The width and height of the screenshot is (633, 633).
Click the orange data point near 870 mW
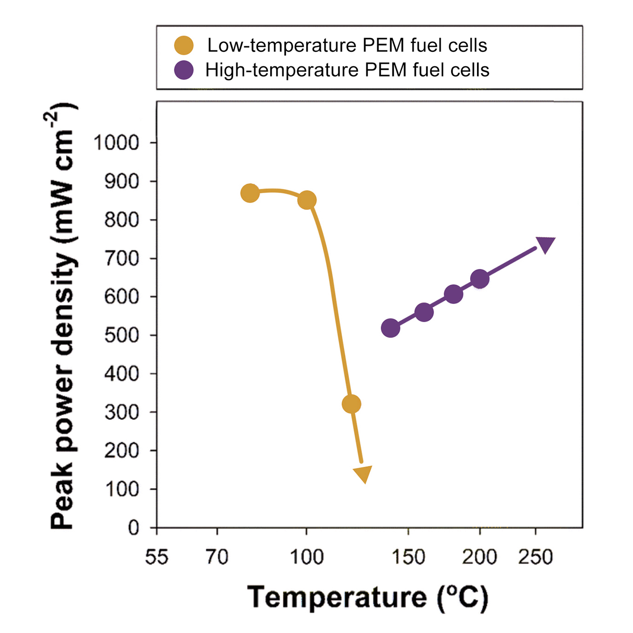tap(250, 193)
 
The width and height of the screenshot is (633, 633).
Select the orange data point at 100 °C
tap(307, 200)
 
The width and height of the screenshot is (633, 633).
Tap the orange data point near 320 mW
tap(351, 404)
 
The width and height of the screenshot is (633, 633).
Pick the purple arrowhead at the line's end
tap(545, 244)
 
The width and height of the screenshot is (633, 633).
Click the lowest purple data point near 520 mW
tap(391, 328)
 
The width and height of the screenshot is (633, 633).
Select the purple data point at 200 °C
tap(480, 279)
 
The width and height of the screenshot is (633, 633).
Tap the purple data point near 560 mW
tap(424, 312)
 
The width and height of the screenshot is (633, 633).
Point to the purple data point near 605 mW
tap(453, 294)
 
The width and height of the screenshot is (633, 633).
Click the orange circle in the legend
tap(184, 45)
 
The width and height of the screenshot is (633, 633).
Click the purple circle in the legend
tap(184, 70)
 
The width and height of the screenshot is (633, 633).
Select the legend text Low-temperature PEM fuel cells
tap(347, 45)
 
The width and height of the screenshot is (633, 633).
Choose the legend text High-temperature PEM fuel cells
tap(347, 70)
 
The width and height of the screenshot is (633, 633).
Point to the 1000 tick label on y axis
tap(116, 143)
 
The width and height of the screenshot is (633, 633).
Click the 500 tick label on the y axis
tap(121, 335)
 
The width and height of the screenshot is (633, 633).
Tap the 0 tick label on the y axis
tap(133, 527)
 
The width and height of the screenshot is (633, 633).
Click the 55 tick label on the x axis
tap(156, 557)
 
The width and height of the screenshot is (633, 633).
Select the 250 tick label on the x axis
tap(535, 557)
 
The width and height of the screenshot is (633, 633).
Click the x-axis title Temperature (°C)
tap(368, 597)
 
